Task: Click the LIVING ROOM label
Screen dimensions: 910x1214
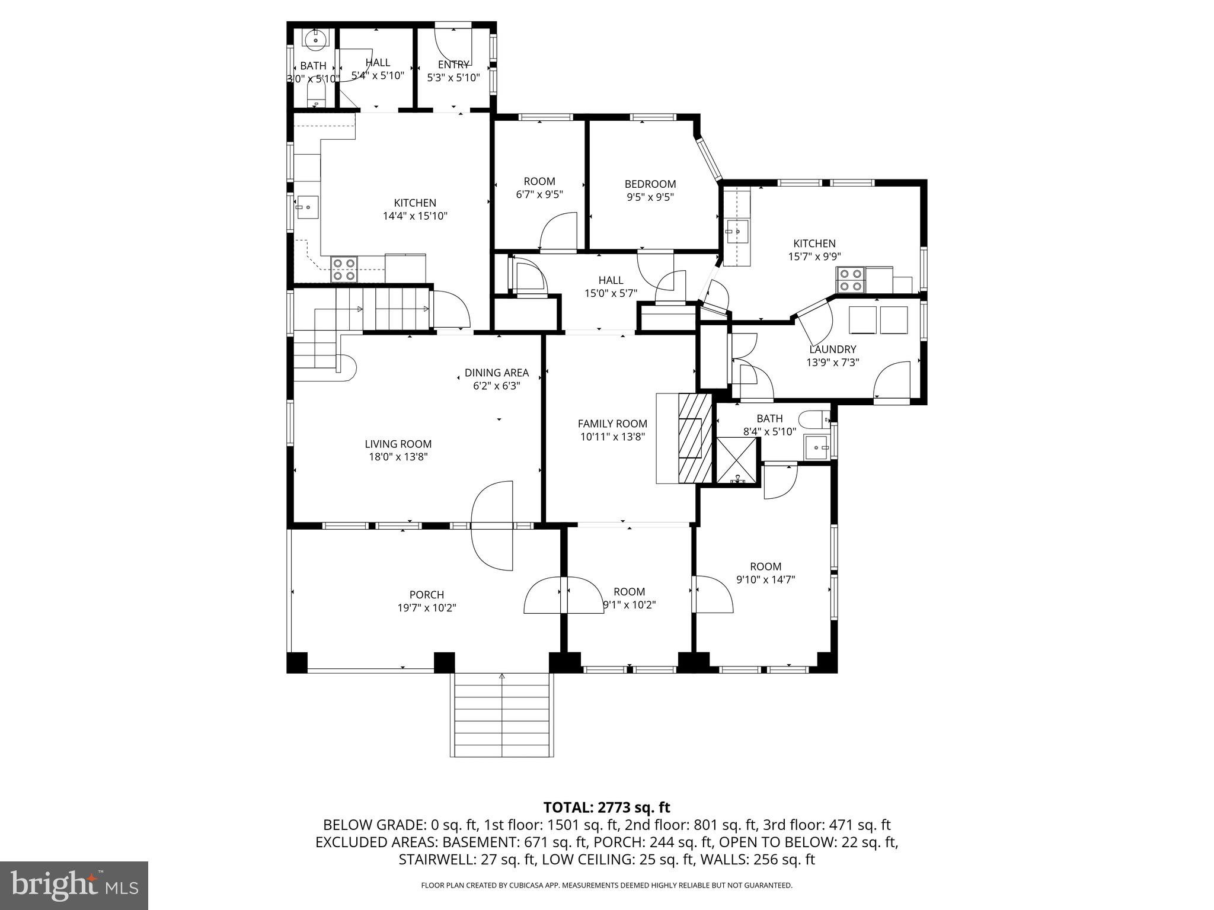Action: pyautogui.click(x=398, y=444)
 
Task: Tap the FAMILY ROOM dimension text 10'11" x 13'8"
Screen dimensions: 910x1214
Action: pyautogui.click(x=612, y=437)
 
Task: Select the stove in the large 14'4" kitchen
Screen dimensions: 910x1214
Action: pyautogui.click(x=344, y=269)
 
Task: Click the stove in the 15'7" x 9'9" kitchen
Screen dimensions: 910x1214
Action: pyautogui.click(x=850, y=280)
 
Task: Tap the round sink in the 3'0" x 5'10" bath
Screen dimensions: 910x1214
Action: pyautogui.click(x=315, y=40)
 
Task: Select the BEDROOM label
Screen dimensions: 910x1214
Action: pyautogui.click(x=650, y=184)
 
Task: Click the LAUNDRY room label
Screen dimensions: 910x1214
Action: pyautogui.click(x=832, y=350)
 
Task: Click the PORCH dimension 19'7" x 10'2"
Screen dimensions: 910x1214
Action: pyautogui.click(x=427, y=608)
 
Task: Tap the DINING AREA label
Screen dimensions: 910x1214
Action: pyautogui.click(x=496, y=373)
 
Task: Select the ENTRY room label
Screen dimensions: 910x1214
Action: pyautogui.click(x=453, y=65)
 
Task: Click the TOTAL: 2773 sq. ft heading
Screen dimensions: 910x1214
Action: pyautogui.click(x=606, y=807)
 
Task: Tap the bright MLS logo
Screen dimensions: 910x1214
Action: pyautogui.click(x=74, y=885)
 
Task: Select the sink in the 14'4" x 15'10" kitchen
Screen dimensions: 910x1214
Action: pyautogui.click(x=308, y=207)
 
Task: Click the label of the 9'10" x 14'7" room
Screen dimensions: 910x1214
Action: pyautogui.click(x=765, y=566)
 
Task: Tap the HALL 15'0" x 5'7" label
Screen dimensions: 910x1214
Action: pyautogui.click(x=611, y=280)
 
